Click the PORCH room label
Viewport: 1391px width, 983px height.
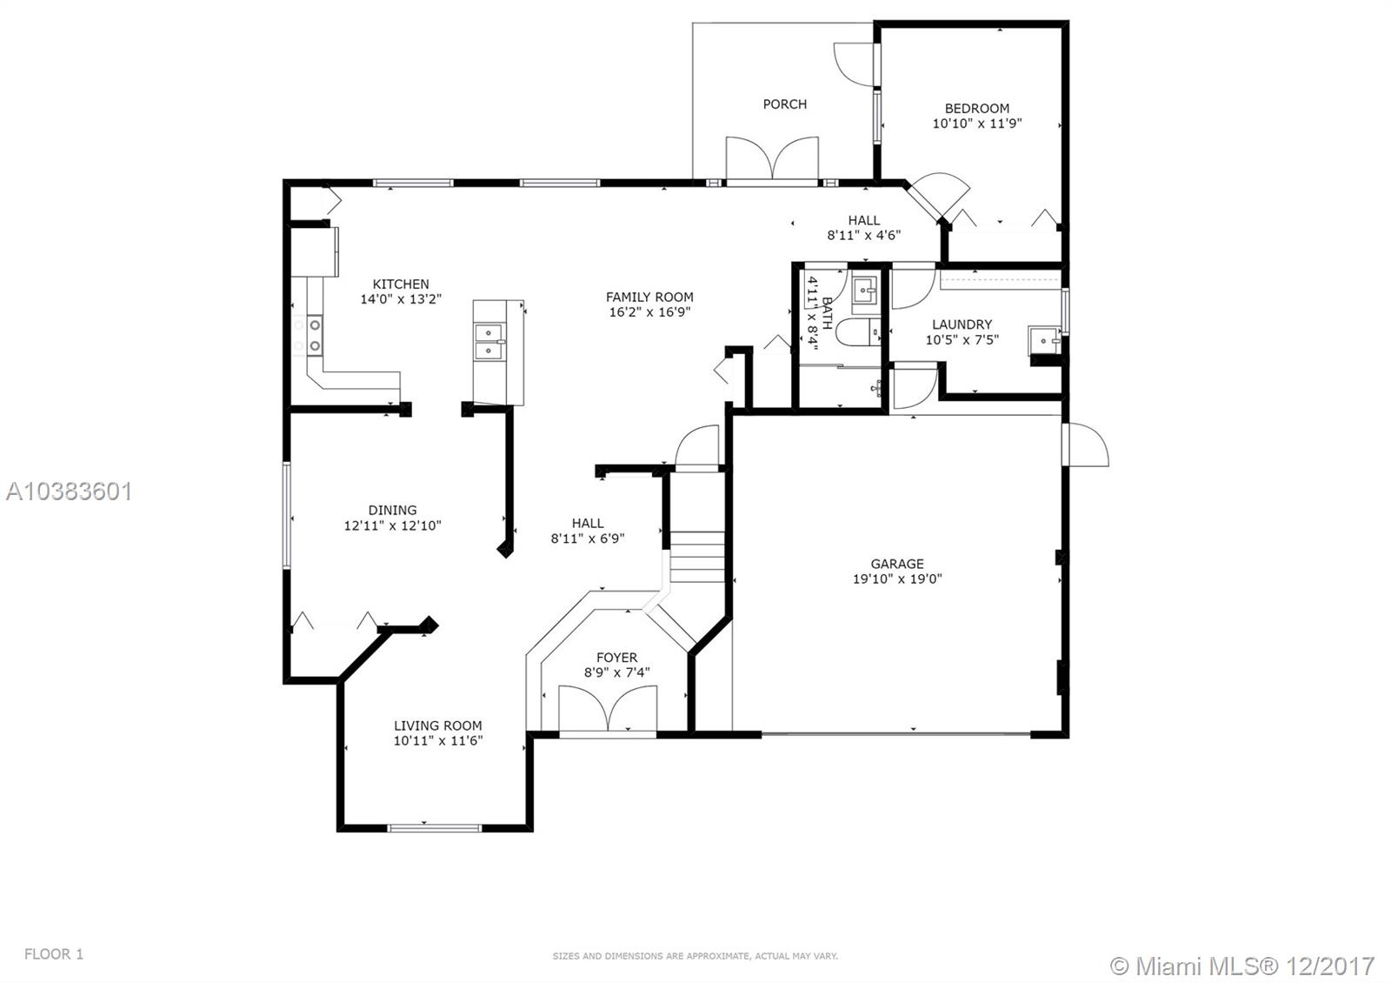click(784, 104)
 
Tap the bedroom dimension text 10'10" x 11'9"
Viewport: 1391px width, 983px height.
click(976, 124)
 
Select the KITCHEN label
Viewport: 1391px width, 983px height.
click(401, 284)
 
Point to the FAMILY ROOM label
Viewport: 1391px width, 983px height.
click(649, 297)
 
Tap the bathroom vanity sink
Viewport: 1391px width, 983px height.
click(864, 290)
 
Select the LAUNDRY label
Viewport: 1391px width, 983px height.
click(962, 324)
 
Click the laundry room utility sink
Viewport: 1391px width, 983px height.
click(1042, 339)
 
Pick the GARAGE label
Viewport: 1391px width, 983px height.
click(897, 564)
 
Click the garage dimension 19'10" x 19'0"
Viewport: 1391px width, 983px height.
click(897, 578)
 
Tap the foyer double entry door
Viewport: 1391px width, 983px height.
click(609, 709)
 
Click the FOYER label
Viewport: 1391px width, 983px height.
click(616, 658)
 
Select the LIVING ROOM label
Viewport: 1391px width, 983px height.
click(437, 726)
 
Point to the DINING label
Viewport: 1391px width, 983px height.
click(392, 510)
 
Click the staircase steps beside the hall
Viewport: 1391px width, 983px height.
click(697, 557)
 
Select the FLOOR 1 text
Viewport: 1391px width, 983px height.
click(54, 954)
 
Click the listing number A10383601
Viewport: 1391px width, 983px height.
click(70, 491)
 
